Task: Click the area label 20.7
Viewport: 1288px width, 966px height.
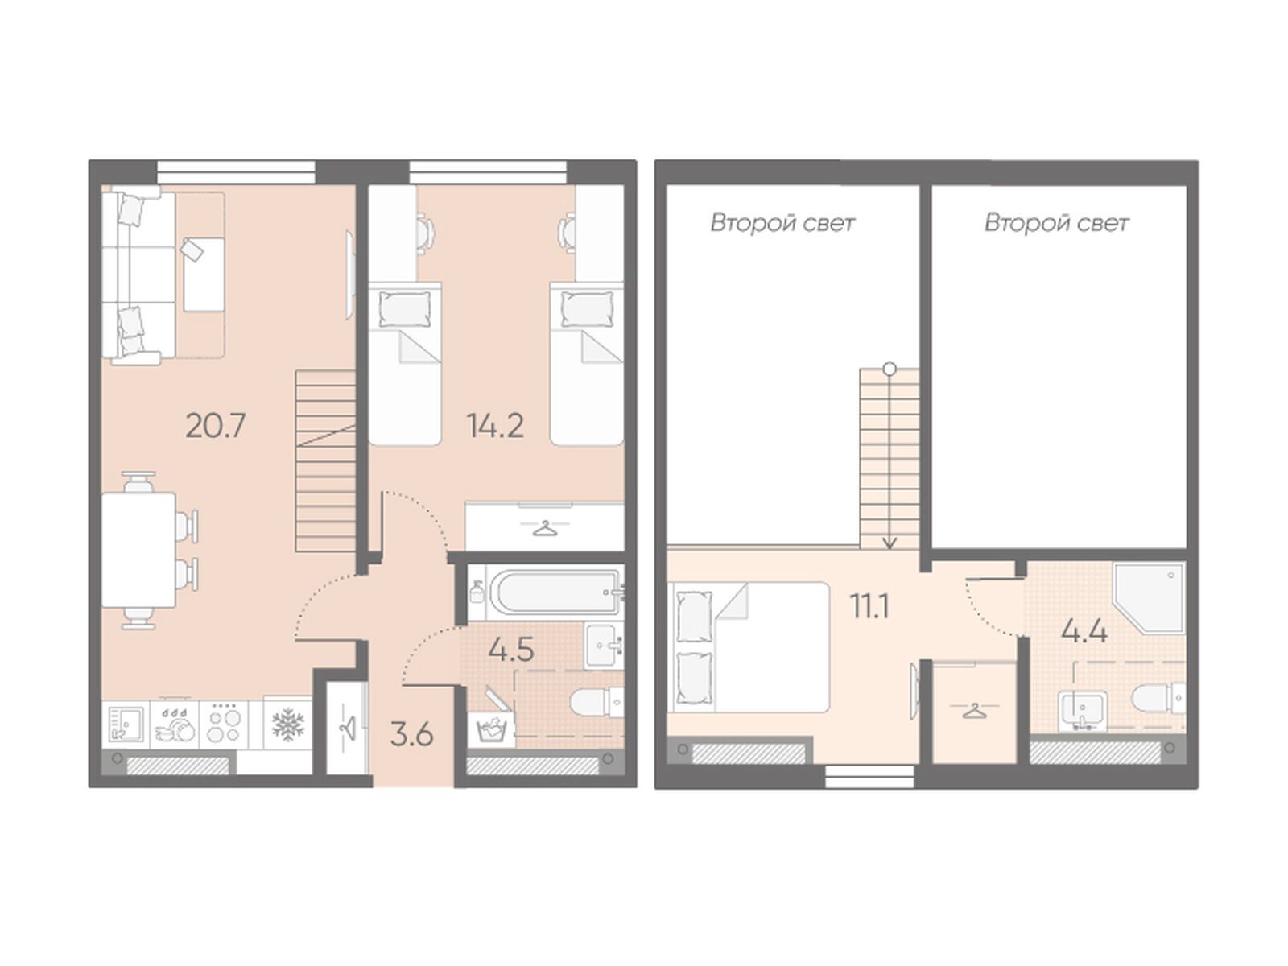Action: pyautogui.click(x=215, y=426)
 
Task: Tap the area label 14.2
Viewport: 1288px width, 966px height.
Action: pyautogui.click(x=494, y=426)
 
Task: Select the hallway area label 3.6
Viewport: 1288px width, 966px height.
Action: pyautogui.click(x=411, y=735)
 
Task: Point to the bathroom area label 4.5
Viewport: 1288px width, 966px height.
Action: pyautogui.click(x=511, y=650)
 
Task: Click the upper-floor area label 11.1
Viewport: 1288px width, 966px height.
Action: pyautogui.click(x=870, y=606)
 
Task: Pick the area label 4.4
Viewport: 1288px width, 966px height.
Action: pyautogui.click(x=1085, y=632)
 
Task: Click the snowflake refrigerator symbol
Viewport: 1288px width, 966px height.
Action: pyautogui.click(x=287, y=724)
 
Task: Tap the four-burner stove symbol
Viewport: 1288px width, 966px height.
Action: pyautogui.click(x=224, y=725)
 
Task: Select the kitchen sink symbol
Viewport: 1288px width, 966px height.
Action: pyautogui.click(x=126, y=725)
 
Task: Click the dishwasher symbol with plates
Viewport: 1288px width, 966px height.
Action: pyautogui.click(x=175, y=726)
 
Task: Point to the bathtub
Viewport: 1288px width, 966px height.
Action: pyautogui.click(x=555, y=592)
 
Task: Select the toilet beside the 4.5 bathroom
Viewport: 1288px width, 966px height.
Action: pyautogui.click(x=597, y=701)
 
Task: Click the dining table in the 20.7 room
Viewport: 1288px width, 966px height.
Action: pyautogui.click(x=138, y=550)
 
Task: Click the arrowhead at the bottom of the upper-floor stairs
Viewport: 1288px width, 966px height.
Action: pyautogui.click(x=890, y=543)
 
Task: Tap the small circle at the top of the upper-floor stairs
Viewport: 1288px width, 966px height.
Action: pyautogui.click(x=890, y=369)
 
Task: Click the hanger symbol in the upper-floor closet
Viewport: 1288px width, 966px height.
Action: pyautogui.click(x=974, y=712)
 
